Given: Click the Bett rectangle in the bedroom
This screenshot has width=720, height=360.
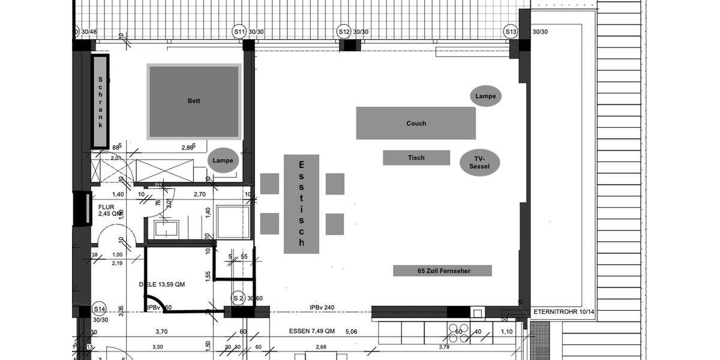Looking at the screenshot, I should (x=194, y=101).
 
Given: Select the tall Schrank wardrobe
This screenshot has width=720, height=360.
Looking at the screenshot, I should (x=100, y=101).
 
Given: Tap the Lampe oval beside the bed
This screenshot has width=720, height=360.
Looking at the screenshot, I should (x=223, y=161).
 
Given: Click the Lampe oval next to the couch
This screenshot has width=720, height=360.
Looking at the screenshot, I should (x=486, y=96).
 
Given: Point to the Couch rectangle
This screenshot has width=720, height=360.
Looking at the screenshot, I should (x=416, y=123).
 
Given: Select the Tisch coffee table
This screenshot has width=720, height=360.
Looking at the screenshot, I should (x=416, y=158).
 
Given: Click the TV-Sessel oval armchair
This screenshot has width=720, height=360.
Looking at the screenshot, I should (x=480, y=163).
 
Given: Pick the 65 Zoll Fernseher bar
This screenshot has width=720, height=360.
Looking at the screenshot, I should (x=442, y=271).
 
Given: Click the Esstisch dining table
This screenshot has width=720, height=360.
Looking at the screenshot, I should (x=301, y=204).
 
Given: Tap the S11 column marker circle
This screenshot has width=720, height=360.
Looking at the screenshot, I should (x=239, y=31).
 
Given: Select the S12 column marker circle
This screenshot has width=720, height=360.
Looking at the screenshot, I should (x=344, y=31).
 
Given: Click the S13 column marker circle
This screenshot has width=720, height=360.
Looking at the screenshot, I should (x=511, y=31).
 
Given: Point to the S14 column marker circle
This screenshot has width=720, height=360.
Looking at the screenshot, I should (x=100, y=310).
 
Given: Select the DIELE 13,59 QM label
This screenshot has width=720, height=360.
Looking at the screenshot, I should (x=162, y=284).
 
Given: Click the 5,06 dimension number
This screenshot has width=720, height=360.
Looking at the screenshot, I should (x=352, y=331).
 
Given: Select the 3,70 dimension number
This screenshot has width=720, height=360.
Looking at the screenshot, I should (x=161, y=331).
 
